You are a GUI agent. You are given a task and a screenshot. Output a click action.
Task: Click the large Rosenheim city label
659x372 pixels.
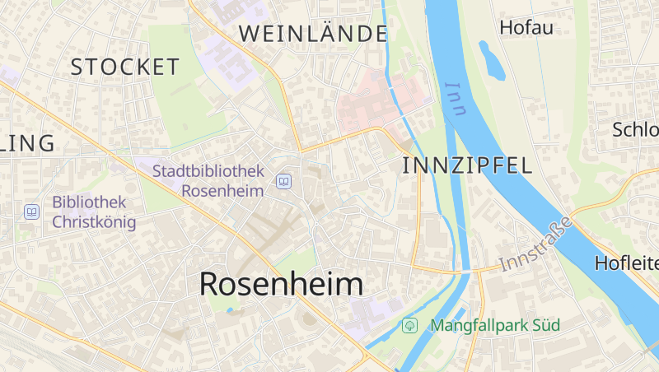click(x=281, y=284)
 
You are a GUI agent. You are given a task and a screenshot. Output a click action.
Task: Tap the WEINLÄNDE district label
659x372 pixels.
click(x=313, y=34)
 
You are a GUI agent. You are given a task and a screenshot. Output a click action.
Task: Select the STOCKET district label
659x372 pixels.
click(x=125, y=67)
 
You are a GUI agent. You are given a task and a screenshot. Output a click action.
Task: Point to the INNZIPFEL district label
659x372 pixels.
click(x=467, y=165)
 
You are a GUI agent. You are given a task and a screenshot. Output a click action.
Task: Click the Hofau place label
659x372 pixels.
click(x=526, y=27)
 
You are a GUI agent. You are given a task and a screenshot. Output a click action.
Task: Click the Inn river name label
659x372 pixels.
click(x=456, y=99)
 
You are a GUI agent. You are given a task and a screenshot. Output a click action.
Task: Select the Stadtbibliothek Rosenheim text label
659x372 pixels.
click(x=208, y=181)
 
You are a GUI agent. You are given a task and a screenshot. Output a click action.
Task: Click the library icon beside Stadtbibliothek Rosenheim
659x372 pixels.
click(x=283, y=181)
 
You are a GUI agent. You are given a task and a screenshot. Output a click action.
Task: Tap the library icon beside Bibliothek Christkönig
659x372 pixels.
click(x=31, y=212)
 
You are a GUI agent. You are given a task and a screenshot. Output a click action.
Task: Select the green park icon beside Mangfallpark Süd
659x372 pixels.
click(x=409, y=326)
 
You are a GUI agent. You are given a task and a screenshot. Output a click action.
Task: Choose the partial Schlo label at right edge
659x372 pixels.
click(x=635, y=129)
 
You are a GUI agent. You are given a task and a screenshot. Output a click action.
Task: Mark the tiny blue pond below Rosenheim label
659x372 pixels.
click(x=229, y=310)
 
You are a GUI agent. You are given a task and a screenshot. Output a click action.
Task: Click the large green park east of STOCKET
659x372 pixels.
click(x=183, y=91)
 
